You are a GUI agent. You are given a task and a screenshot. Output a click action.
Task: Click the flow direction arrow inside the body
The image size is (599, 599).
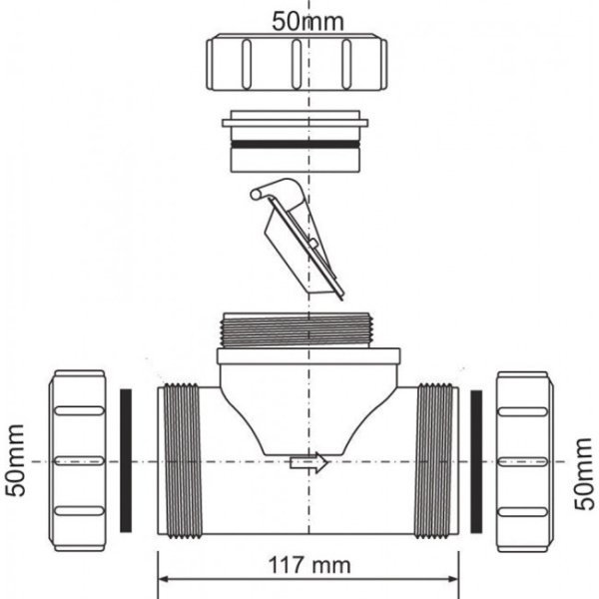308,462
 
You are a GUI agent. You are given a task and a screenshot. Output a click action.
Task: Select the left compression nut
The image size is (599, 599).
77,461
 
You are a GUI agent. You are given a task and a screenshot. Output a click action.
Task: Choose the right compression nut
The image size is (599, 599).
523,461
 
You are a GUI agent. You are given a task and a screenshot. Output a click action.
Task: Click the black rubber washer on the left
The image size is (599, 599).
126,461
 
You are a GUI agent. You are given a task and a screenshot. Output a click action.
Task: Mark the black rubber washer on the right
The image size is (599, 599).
475,461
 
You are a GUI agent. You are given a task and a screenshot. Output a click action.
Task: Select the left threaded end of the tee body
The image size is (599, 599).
180,461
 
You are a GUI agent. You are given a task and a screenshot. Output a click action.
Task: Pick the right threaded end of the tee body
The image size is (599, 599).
435,461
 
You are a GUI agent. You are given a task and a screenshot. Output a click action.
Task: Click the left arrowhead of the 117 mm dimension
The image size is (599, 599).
165,578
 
